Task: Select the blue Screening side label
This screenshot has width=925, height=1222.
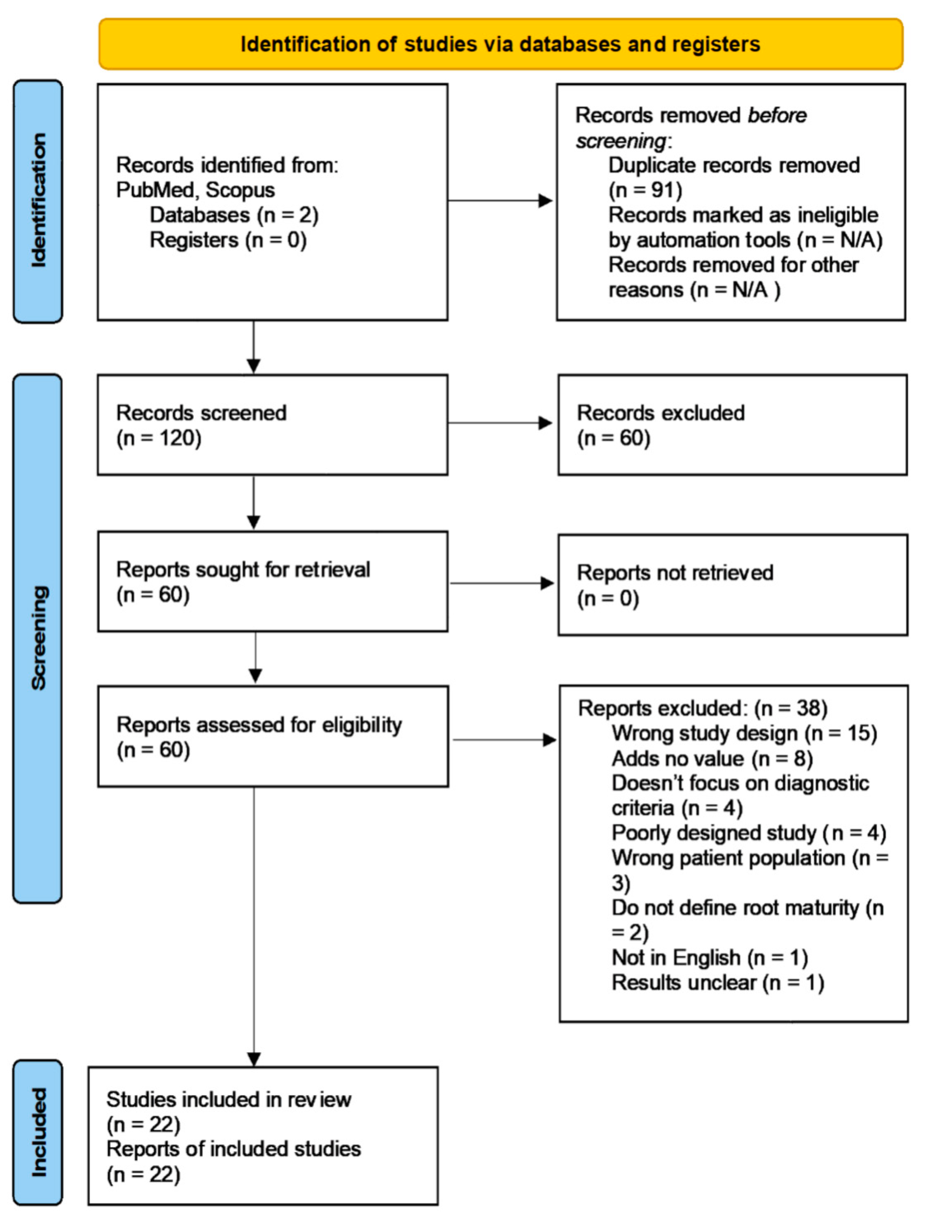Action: pyautogui.click(x=37, y=638)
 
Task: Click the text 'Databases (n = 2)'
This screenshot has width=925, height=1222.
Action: pyautogui.click(x=234, y=215)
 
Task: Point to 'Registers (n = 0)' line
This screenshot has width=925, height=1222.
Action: pyautogui.click(x=228, y=240)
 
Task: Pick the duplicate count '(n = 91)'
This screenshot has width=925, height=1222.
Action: pyautogui.click(x=645, y=190)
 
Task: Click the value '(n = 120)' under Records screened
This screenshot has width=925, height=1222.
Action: pyautogui.click(x=159, y=438)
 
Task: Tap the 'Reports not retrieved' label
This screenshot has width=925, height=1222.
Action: pyautogui.click(x=675, y=573)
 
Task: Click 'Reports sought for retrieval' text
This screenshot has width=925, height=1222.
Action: pyautogui.click(x=243, y=570)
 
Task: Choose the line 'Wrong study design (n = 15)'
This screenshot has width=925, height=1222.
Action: pyautogui.click(x=744, y=733)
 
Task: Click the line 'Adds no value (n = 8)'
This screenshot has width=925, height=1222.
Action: pyautogui.click(x=712, y=759)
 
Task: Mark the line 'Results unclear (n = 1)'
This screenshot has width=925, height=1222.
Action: pyautogui.click(x=717, y=982)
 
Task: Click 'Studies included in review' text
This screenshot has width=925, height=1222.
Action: pyautogui.click(x=228, y=1099)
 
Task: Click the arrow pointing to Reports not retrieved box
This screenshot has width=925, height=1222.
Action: pyautogui.click(x=501, y=583)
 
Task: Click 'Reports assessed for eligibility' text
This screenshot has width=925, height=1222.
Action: pyautogui.click(x=259, y=725)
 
